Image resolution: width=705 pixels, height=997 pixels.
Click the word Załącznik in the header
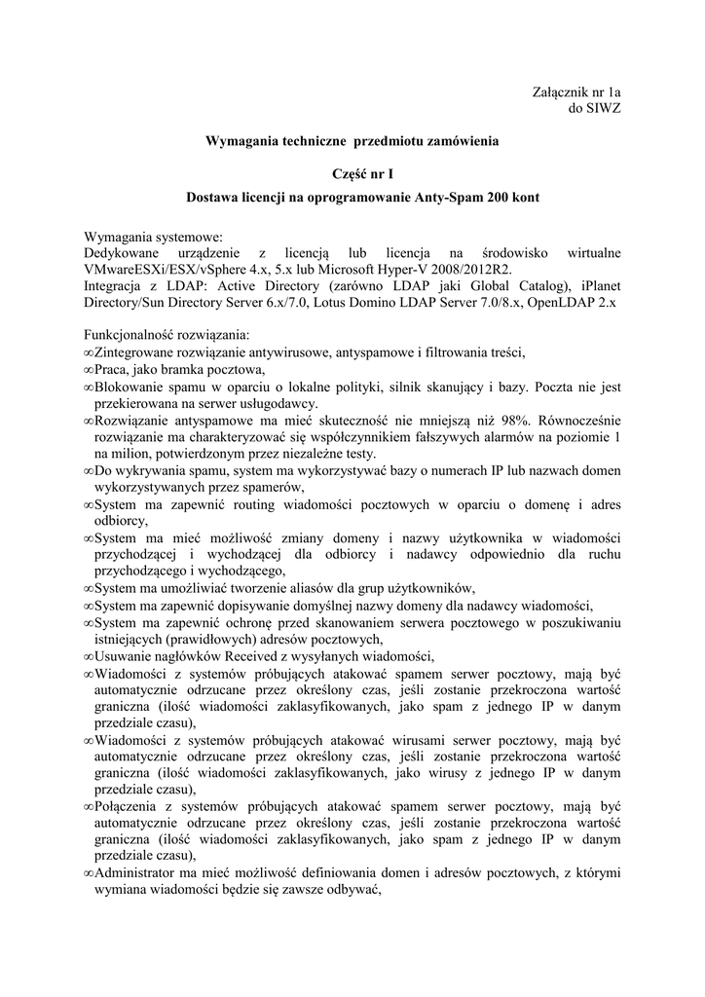tap(554, 92)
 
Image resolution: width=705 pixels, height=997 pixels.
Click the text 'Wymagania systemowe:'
tap(153, 237)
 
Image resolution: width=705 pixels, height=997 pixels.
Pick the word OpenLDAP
tap(563, 303)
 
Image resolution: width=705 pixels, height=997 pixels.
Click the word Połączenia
tap(130, 807)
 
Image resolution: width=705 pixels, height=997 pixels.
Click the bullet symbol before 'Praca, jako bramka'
tap(89, 370)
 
